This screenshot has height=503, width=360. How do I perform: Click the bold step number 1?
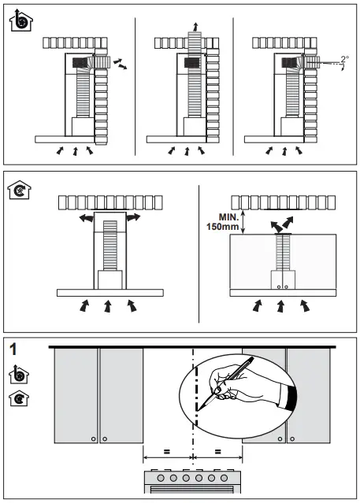click(13, 348)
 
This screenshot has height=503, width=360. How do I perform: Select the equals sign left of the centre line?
click(168, 452)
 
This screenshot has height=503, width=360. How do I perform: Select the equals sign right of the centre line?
click(218, 452)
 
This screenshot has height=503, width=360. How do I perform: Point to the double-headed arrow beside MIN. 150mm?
click(245, 222)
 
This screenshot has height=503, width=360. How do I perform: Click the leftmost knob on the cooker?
click(160, 477)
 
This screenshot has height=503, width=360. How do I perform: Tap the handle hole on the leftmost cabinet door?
click(93, 437)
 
